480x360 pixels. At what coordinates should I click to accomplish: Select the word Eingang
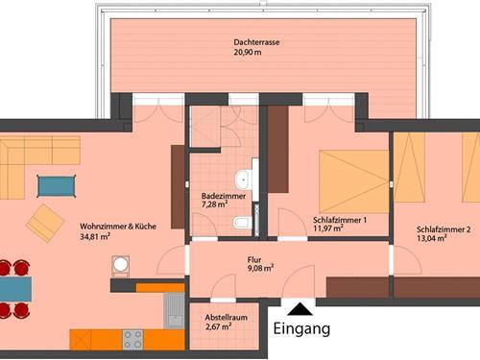tap(301, 329)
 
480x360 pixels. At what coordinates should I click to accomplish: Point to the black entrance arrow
tap(301, 308)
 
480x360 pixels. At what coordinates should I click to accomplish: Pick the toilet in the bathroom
tap(241, 224)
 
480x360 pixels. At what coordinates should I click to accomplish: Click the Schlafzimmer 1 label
tap(340, 219)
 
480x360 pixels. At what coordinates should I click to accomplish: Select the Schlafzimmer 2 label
tap(444, 229)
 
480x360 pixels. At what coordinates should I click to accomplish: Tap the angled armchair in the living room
tap(45, 224)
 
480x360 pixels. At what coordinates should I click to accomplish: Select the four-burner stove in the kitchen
tap(132, 339)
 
